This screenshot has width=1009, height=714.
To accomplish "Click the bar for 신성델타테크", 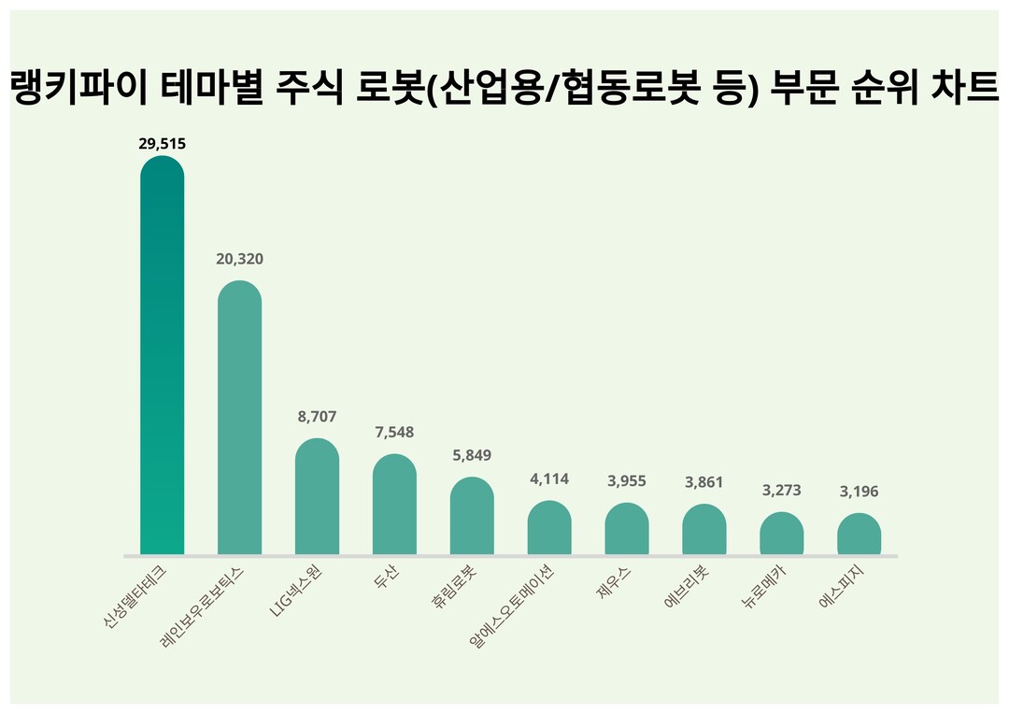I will click(162, 355).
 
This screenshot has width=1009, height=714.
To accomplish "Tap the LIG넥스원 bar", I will click(317, 496).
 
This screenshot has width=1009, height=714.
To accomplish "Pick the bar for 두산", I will click(394, 505).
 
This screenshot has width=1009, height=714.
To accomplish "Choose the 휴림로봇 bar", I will click(472, 516).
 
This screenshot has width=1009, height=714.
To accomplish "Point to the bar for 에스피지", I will click(859, 534).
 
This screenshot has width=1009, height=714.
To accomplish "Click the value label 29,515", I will click(162, 143).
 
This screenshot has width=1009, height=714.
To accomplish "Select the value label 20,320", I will click(239, 259).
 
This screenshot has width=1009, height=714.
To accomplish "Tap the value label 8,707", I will click(317, 417).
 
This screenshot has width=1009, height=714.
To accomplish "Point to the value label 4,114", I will click(549, 478).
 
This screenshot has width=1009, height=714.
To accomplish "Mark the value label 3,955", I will click(627, 481).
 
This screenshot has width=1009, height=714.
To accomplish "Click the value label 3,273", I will click(781, 490).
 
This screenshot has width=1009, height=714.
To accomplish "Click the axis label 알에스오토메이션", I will click(513, 607).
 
